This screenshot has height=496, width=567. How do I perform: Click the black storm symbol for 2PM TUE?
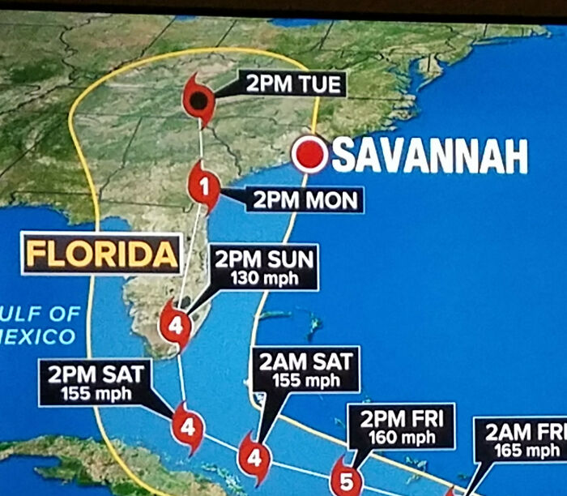point(198,100)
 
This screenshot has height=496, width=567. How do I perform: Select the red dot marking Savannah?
point(309,153)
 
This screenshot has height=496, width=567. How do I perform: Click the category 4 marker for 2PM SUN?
point(175,326)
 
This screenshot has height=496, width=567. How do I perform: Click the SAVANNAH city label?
point(429,156)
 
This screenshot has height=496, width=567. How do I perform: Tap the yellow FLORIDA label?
point(101,254)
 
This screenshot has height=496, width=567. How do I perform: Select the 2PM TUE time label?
point(292,84)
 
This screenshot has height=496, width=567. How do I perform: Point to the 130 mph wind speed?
point(265,280)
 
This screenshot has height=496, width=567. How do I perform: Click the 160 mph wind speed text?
point(402,438)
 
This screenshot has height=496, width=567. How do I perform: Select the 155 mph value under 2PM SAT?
point(95,393)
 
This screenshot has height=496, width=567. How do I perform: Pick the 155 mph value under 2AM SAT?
point(305,380)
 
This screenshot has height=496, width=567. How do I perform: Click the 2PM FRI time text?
point(401,421)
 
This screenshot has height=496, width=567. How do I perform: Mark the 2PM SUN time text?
point(264,261)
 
